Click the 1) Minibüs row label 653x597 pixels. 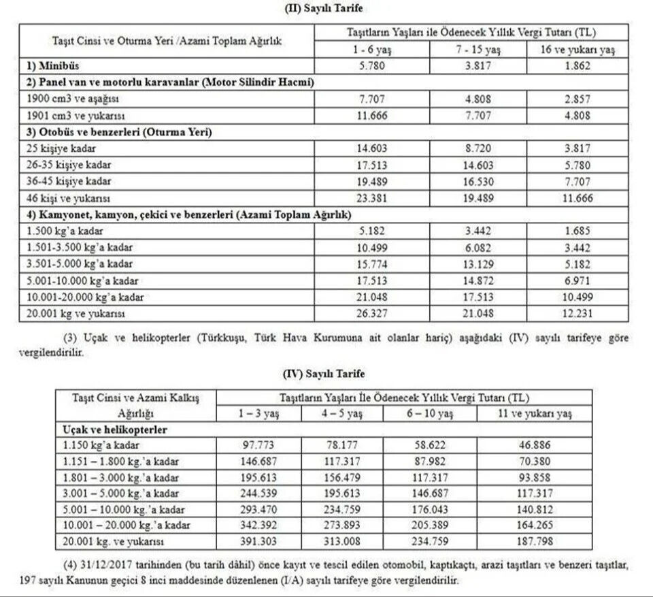point(48,67)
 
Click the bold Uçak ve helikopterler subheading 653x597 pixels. point(112,430)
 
